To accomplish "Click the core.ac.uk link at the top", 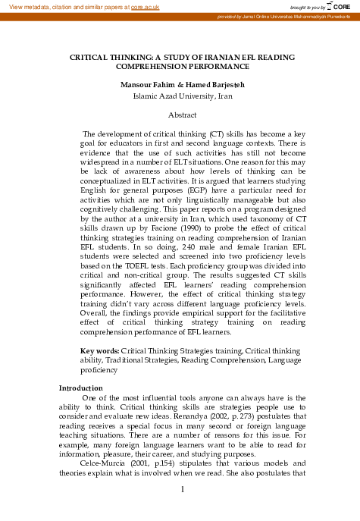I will point(146,6).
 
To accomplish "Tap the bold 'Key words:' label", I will point(99,351).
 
